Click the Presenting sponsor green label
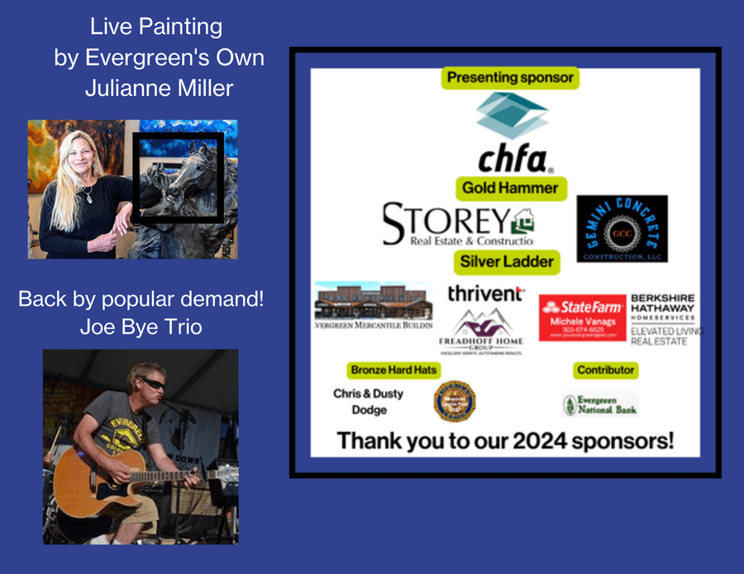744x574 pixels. click(x=509, y=78)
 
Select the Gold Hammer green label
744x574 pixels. click(x=509, y=187)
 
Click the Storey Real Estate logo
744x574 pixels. click(x=457, y=225)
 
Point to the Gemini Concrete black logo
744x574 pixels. click(x=622, y=229)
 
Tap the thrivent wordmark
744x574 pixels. click(x=485, y=293)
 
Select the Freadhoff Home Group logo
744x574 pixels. click(x=481, y=329)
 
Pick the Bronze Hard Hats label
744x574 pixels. click(x=393, y=369)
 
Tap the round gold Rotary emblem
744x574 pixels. click(x=455, y=401)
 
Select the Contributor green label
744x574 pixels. click(x=605, y=369)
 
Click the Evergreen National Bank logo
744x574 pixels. click(x=600, y=404)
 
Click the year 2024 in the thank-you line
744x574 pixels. click(x=544, y=440)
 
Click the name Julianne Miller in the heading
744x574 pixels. click(x=159, y=88)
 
